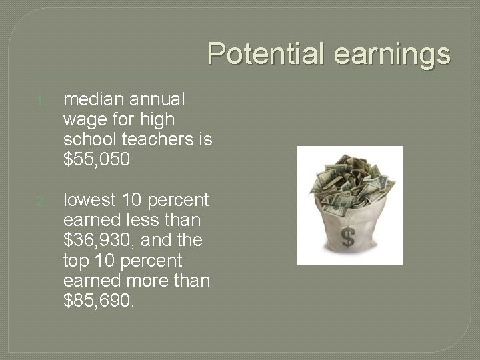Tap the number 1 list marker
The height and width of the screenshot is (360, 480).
click(x=41, y=102)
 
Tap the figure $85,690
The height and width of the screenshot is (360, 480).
click(x=98, y=301)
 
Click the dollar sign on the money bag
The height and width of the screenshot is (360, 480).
click(x=347, y=237)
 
